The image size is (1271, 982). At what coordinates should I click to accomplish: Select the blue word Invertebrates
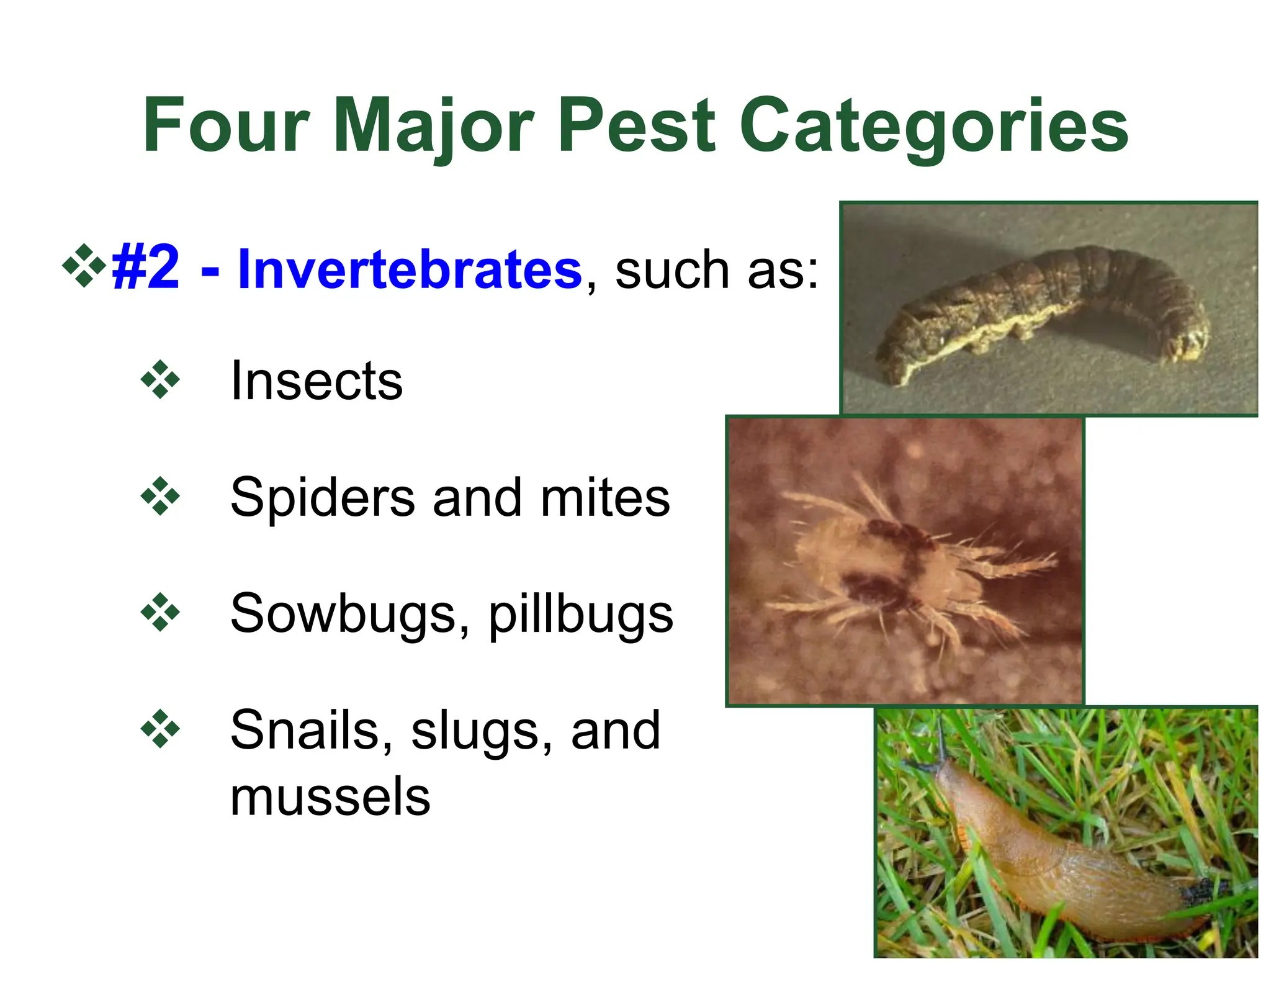[410, 269]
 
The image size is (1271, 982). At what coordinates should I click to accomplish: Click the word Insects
[317, 380]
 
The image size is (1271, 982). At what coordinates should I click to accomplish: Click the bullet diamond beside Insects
[160, 379]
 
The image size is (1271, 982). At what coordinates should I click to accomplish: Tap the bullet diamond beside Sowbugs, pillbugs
[160, 613]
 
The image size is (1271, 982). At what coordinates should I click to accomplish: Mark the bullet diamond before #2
[84, 266]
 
